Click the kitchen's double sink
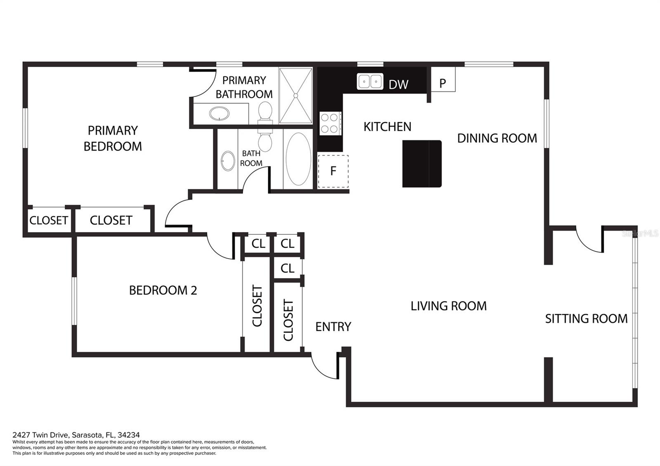[x=370, y=81]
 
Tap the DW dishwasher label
[x=398, y=85]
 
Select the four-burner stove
[x=330, y=123]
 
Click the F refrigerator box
[x=333, y=171]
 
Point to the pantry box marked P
[x=443, y=79]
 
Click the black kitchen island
[x=422, y=164]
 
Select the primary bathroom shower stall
[x=296, y=96]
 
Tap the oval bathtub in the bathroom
[x=298, y=159]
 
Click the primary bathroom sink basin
[x=219, y=113]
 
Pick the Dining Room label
[x=497, y=138]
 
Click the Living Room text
[x=448, y=306]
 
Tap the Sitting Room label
[x=586, y=319]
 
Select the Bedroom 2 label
[x=163, y=290]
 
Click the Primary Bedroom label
[x=113, y=139]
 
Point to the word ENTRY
[x=333, y=327]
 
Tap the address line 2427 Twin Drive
[x=76, y=435]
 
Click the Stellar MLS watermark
[x=640, y=233]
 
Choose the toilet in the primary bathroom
[x=265, y=113]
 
